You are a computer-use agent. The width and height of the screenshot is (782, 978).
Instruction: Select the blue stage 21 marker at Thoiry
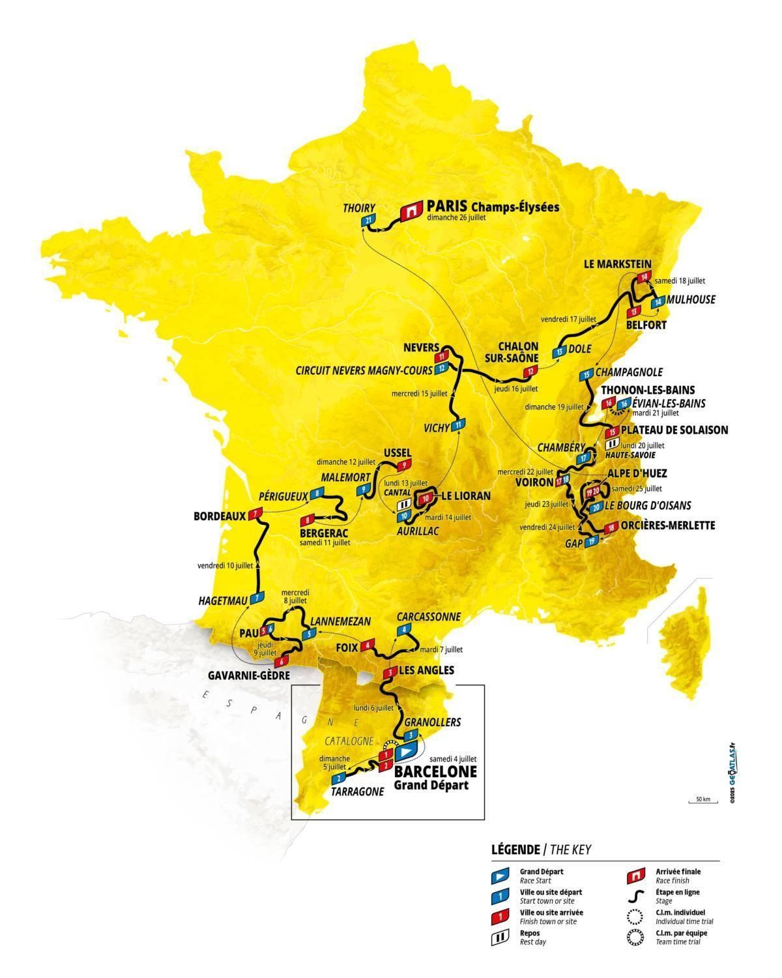(369, 222)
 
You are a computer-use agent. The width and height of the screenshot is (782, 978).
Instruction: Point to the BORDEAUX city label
(219, 516)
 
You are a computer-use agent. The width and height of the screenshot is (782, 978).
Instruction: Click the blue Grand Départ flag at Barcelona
(405, 751)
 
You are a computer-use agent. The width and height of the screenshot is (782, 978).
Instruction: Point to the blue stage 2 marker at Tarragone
(338, 778)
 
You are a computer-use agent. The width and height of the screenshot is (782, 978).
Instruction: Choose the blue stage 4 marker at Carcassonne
(405, 629)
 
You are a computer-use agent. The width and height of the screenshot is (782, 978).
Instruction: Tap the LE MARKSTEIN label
(618, 263)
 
